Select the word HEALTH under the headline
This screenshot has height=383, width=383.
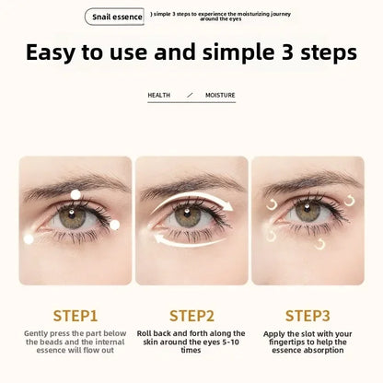click(x=158, y=95)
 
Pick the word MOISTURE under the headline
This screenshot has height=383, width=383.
click(x=220, y=95)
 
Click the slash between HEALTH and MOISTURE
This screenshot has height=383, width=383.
click(x=190, y=95)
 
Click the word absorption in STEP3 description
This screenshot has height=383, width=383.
click(x=307, y=352)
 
